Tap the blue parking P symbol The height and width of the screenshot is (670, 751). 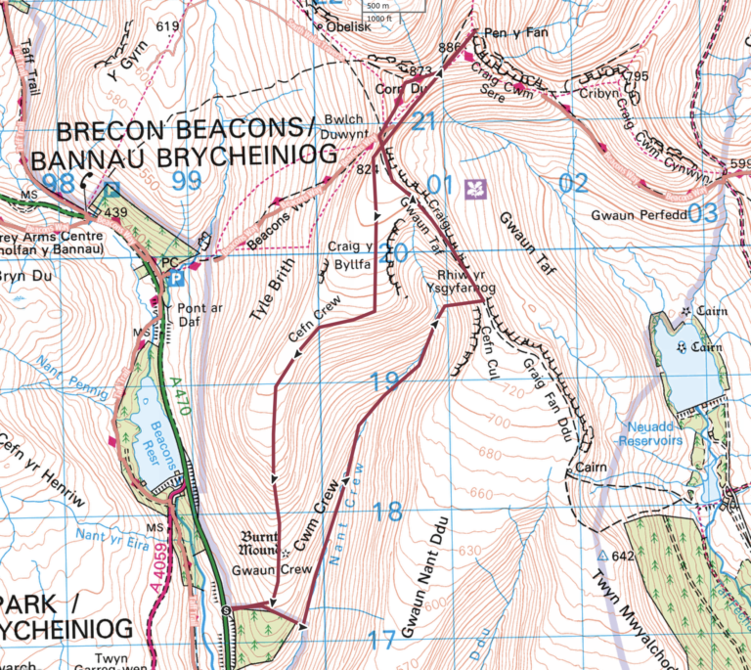[x=176, y=279]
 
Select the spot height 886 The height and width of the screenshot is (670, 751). [x=450, y=48]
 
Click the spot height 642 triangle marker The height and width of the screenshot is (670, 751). [x=602, y=555]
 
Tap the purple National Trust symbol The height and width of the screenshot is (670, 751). [x=476, y=187]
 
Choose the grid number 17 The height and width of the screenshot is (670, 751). [x=382, y=641]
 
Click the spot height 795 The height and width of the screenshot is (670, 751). [x=638, y=76]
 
